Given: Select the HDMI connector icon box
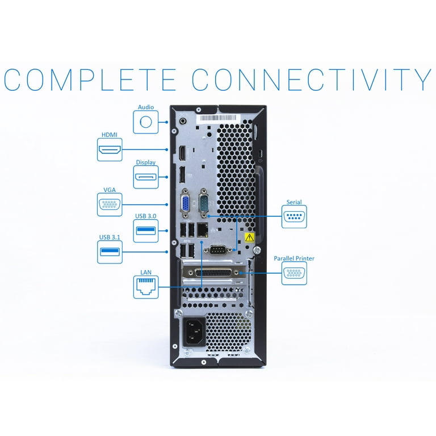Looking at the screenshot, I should click(x=110, y=150).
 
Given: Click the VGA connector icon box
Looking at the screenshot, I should click(x=110, y=204).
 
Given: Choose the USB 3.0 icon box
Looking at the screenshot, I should click(x=146, y=231).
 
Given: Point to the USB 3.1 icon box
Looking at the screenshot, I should click(x=110, y=251).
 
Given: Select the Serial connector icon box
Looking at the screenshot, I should click(x=294, y=217).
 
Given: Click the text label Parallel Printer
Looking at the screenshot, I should click(x=294, y=258).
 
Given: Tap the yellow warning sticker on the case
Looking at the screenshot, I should click(x=249, y=237).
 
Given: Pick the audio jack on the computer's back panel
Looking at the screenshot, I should click(x=183, y=120).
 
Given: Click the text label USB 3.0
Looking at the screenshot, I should click(x=146, y=216).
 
